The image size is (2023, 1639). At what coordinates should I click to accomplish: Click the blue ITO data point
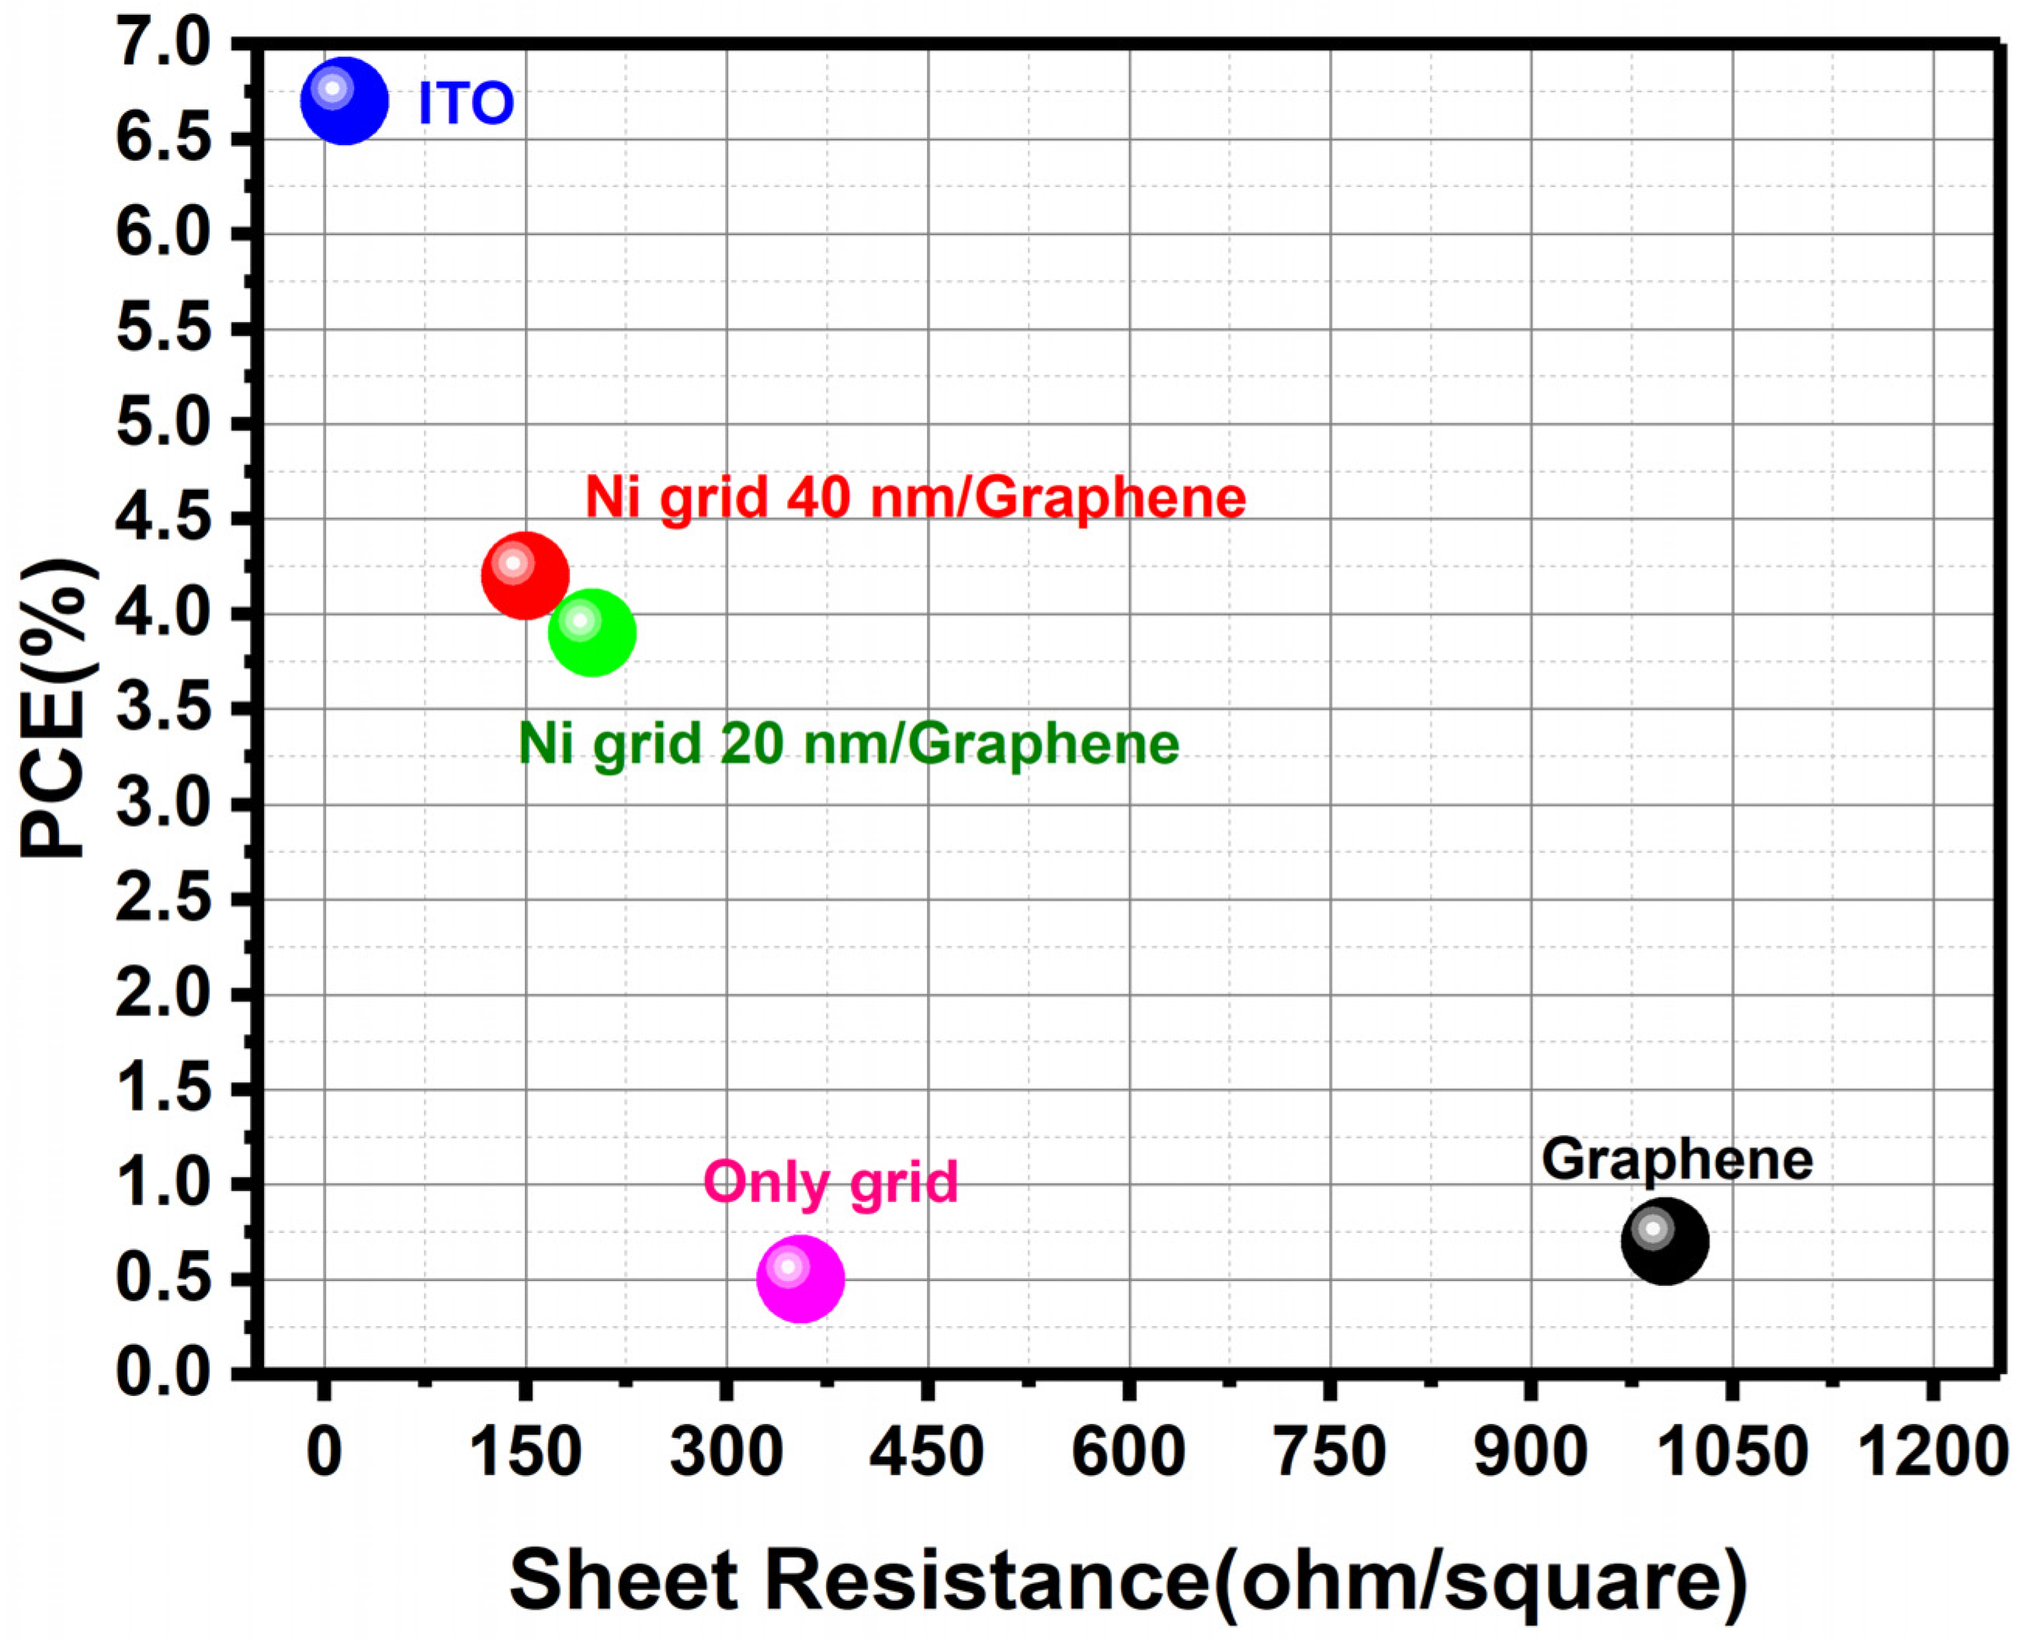click(x=345, y=101)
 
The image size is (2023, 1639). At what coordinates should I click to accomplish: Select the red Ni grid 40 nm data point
click(x=525, y=576)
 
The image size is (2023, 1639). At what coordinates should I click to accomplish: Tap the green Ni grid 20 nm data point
click(x=592, y=633)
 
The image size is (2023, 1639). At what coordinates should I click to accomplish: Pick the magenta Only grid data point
click(x=800, y=1280)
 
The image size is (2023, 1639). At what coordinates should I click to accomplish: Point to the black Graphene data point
click(x=1665, y=1241)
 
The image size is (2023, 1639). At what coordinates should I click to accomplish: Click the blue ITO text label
click(x=466, y=103)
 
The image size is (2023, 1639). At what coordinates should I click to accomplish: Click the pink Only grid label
click(x=831, y=1182)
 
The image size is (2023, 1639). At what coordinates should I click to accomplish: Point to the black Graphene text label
click(x=1678, y=1160)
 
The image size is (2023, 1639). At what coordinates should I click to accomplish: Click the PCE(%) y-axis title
click(x=58, y=708)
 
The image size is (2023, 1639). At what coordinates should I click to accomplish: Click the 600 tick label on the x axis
click(x=1128, y=1452)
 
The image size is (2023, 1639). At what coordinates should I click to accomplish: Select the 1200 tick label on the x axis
click(x=1931, y=1452)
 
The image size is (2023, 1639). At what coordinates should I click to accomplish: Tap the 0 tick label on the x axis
click(x=324, y=1452)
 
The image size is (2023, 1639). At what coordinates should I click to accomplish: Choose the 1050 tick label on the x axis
click(x=1731, y=1452)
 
